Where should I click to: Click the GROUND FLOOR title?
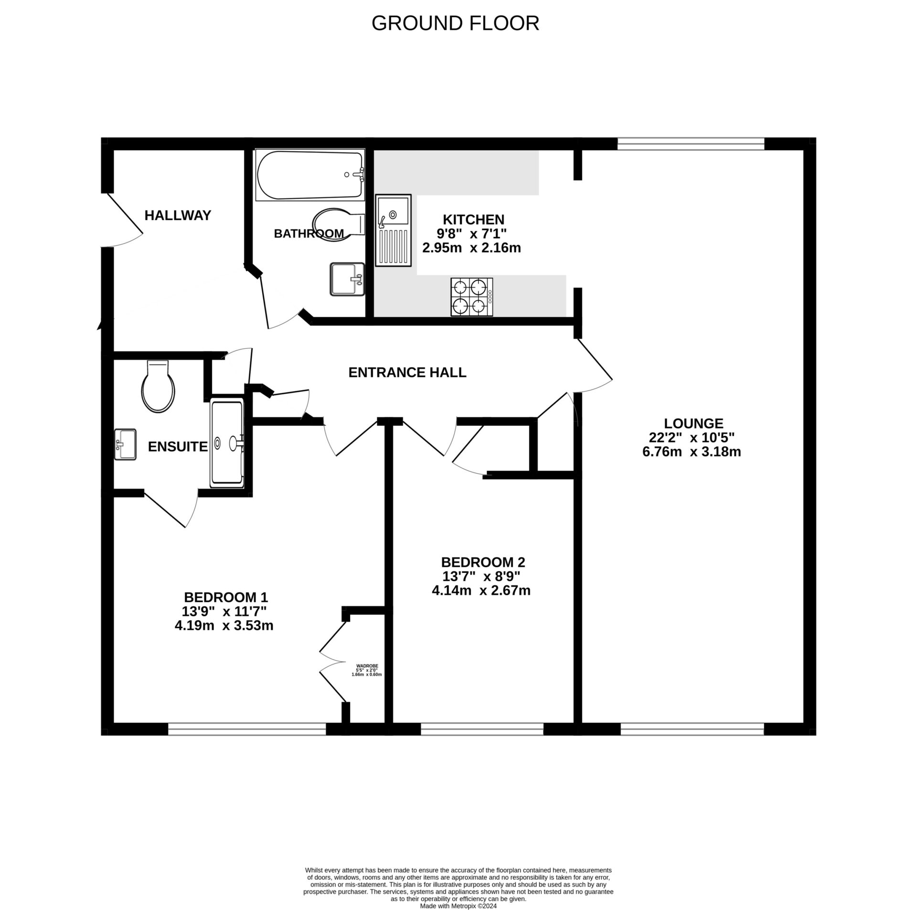click(455, 23)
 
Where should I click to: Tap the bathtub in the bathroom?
click(310, 175)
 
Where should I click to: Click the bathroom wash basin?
click(347, 279)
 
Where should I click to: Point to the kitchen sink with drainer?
click(393, 230)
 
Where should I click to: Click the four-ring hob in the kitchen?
click(472, 296)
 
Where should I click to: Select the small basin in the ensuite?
click(126, 444)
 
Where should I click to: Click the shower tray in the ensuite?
click(227, 444)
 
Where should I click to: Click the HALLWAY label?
click(178, 215)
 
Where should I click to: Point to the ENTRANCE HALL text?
click(407, 372)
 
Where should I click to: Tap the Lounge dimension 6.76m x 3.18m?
click(692, 452)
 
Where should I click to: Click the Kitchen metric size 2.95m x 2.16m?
click(471, 248)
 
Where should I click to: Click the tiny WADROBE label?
click(367, 666)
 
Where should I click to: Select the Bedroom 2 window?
click(481, 730)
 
